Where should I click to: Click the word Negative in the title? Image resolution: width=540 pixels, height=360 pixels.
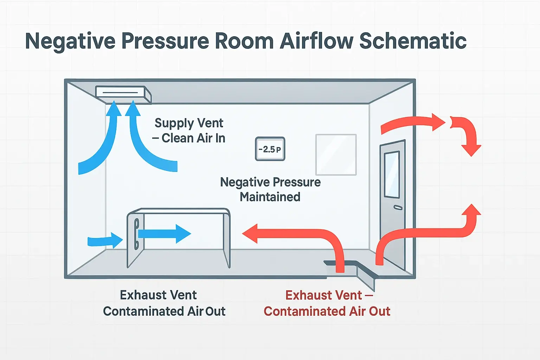(x=70, y=41)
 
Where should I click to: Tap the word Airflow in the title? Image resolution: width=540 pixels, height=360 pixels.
(x=316, y=41)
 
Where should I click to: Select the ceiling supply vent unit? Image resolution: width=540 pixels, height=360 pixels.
(x=123, y=94)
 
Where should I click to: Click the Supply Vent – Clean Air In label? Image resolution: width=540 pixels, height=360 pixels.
(x=189, y=130)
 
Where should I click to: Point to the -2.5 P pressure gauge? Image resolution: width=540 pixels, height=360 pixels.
(x=270, y=149)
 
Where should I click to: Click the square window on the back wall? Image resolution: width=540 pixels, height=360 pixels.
(x=336, y=154)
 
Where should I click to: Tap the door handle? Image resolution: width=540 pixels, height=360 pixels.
(x=398, y=208)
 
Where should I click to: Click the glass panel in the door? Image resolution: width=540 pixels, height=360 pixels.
(x=392, y=175)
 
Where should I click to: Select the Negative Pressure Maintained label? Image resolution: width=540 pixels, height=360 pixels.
(x=270, y=189)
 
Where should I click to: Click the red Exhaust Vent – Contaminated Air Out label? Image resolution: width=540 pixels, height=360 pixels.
(x=327, y=303)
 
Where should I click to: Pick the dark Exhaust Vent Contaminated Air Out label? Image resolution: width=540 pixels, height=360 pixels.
(x=164, y=303)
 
